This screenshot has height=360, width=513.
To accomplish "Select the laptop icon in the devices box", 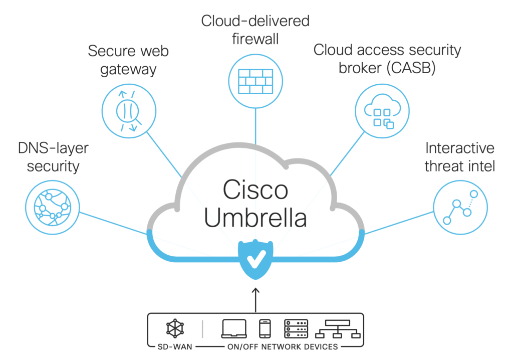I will coord(234,328).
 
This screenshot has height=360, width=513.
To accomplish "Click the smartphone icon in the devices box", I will coord(265,328).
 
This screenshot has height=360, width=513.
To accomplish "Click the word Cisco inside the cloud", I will coord(255,191).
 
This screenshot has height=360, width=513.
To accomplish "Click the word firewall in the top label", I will coord(255,39).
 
